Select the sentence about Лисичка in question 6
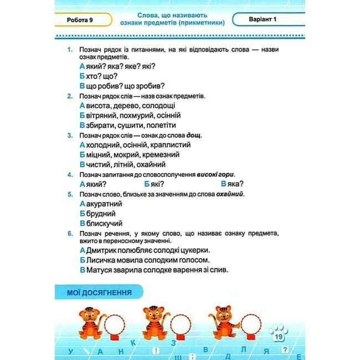[x=144, y=259]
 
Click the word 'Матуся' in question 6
[x=98, y=270]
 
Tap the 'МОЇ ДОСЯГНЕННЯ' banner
[x=99, y=293]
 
